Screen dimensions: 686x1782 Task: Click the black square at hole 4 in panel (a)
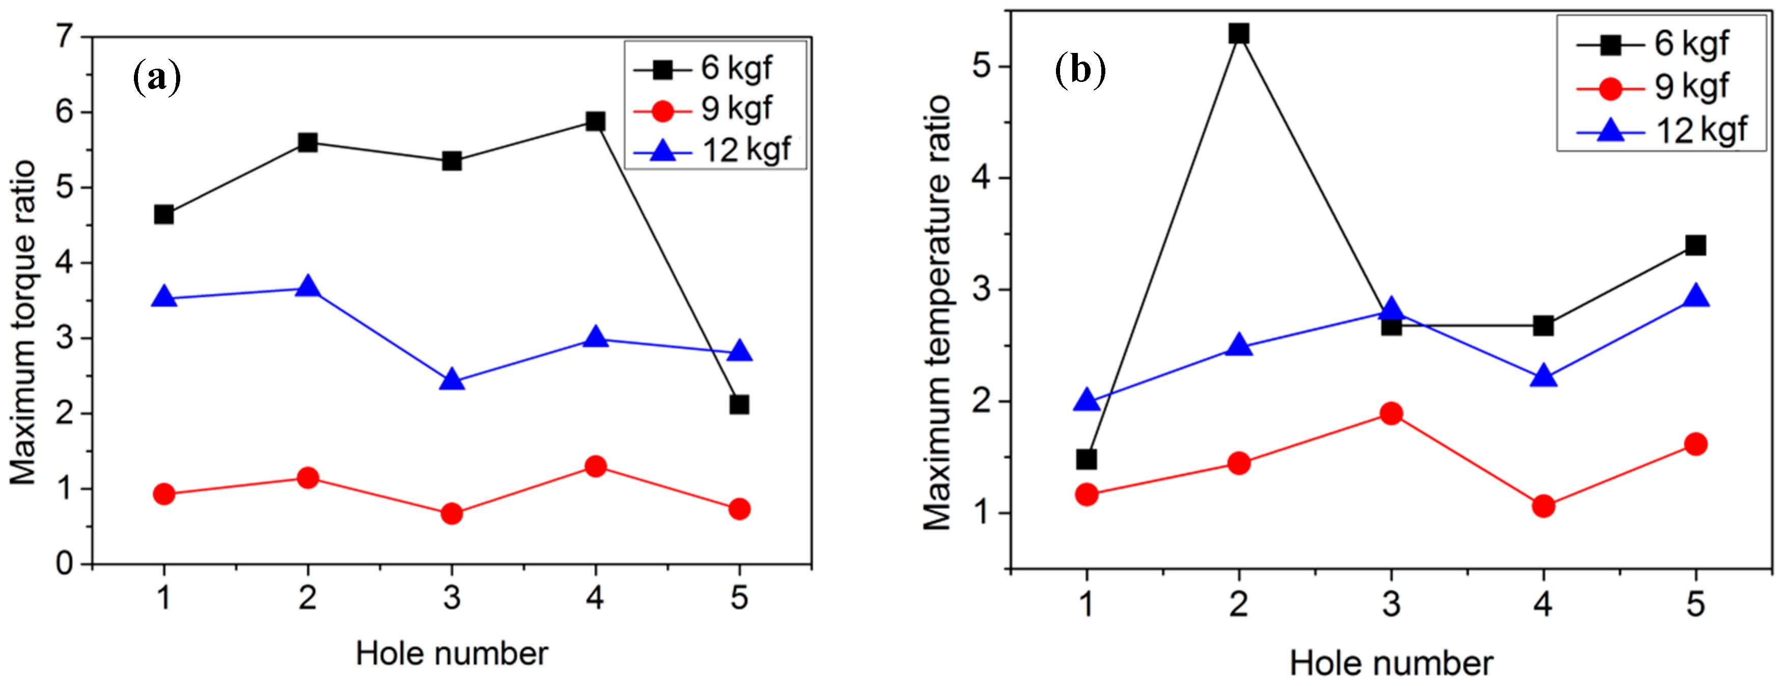[x=595, y=122]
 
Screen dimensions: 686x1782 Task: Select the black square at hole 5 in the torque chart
[x=739, y=405]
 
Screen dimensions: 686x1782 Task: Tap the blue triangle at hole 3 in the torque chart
[x=452, y=380]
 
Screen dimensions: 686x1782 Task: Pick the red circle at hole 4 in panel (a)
[x=595, y=467]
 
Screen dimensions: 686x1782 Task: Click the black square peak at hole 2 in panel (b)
[x=1239, y=33]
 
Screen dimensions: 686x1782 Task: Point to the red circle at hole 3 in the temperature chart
[x=1391, y=414]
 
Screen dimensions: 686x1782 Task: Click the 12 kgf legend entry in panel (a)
[x=716, y=150]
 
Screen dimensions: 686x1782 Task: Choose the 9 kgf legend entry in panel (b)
[x=1660, y=87]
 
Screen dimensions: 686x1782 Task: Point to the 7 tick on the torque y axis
[x=65, y=36]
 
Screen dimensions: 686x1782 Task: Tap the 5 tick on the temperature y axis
[x=982, y=66]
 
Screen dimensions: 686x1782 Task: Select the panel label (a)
[x=157, y=77]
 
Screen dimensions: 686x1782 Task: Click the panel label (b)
[x=1080, y=70]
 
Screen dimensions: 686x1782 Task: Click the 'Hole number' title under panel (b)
[x=1390, y=663]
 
